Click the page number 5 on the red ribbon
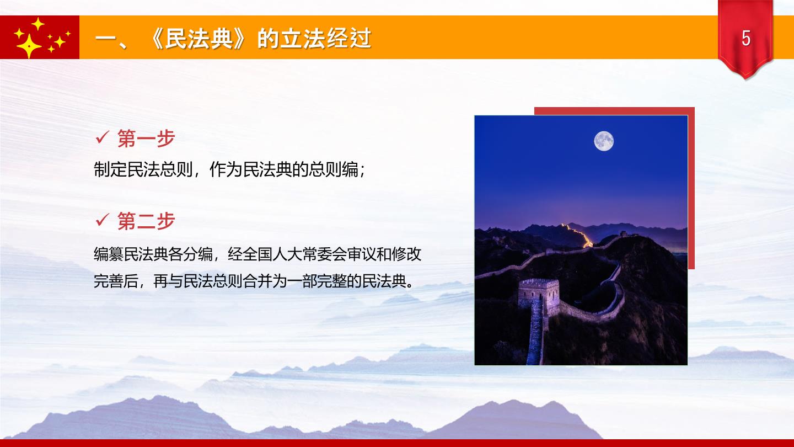(746, 38)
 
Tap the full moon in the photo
(604, 141)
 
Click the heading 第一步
(146, 139)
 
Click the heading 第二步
(146, 221)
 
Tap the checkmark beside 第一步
(102, 137)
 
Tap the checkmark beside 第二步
(102, 220)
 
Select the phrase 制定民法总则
(143, 169)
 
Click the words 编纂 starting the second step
(109, 254)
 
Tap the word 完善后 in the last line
(116, 281)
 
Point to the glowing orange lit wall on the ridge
(577, 235)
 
